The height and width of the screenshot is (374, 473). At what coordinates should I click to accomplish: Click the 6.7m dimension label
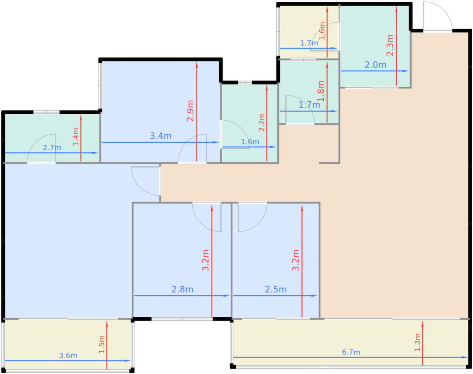351,352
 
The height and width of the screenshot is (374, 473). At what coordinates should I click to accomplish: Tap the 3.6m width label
68,355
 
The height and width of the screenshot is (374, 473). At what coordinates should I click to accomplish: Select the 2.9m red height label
191,111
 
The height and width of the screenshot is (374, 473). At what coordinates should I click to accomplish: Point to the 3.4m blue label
161,136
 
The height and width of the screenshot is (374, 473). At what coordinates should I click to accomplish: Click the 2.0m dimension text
375,65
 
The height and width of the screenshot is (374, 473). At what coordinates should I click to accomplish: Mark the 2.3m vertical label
390,45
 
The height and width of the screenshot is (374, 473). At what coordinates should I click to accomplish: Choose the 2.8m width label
182,289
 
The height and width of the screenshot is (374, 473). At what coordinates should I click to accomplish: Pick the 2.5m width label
276,289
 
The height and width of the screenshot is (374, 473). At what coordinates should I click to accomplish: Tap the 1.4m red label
76,137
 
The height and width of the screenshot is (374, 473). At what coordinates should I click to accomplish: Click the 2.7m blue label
52,148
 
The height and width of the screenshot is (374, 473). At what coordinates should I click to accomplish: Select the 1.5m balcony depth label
102,344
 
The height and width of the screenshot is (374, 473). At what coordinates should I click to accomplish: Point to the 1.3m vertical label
418,342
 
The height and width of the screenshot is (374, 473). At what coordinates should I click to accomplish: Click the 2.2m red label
262,122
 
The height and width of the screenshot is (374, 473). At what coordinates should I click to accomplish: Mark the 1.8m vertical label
321,91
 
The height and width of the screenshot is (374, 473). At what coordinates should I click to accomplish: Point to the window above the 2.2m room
245,82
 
